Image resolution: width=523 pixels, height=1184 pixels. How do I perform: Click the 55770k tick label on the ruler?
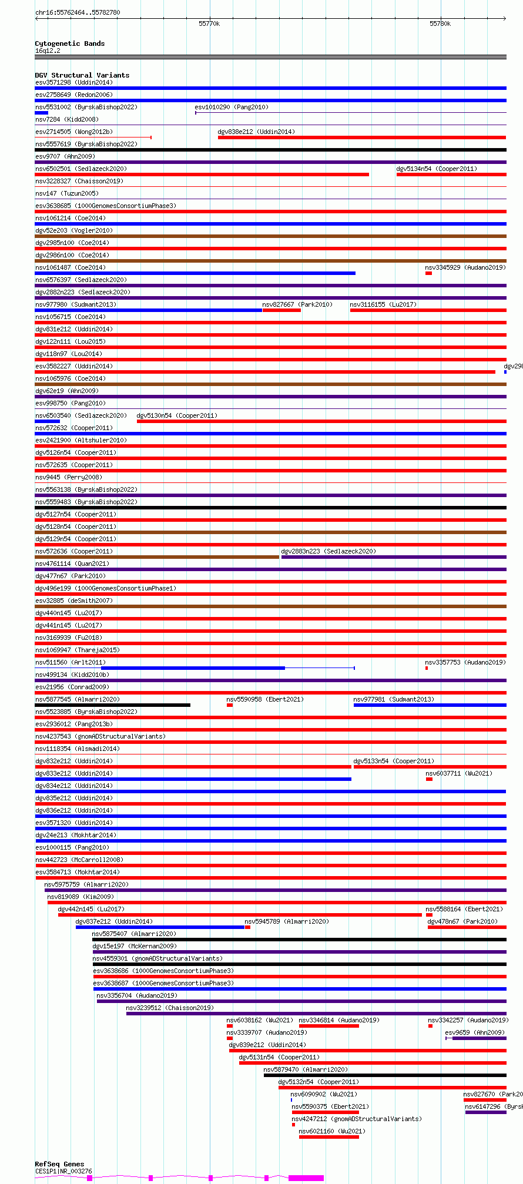[x=209, y=24]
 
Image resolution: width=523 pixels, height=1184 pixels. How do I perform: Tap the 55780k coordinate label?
[x=440, y=24]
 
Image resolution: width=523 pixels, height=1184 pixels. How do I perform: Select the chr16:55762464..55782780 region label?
[x=78, y=12]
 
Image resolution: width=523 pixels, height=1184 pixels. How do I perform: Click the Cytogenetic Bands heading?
[x=69, y=43]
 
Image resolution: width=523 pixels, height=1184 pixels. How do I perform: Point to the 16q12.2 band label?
[x=48, y=51]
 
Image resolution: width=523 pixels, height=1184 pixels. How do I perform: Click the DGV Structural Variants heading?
[x=82, y=75]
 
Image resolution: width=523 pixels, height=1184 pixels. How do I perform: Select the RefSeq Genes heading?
[x=59, y=1163]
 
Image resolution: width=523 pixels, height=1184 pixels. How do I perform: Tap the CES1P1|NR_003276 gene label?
[x=63, y=1171]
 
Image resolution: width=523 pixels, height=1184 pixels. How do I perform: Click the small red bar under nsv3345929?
[x=428, y=273]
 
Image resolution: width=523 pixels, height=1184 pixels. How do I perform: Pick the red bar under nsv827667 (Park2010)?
[x=281, y=310]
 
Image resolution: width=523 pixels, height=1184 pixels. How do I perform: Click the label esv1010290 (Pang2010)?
[x=231, y=107]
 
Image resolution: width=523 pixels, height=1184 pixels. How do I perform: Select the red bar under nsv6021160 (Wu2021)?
[x=328, y=1137]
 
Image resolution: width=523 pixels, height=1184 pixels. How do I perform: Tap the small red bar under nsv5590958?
[x=229, y=705]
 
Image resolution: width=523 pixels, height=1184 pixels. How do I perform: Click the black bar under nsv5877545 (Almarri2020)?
[x=112, y=705]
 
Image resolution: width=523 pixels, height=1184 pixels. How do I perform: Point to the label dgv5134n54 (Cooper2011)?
[x=436, y=169]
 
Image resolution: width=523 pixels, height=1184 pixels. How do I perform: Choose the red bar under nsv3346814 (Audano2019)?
[x=328, y=1026]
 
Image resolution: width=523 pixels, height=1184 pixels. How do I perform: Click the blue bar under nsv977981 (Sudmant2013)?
[x=430, y=705]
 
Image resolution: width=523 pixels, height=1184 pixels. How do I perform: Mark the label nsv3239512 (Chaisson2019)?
[x=169, y=1008]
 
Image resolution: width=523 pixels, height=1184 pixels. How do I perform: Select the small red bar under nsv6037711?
[x=429, y=779]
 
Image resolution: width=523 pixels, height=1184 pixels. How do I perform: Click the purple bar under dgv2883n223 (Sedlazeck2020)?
[x=393, y=557]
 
